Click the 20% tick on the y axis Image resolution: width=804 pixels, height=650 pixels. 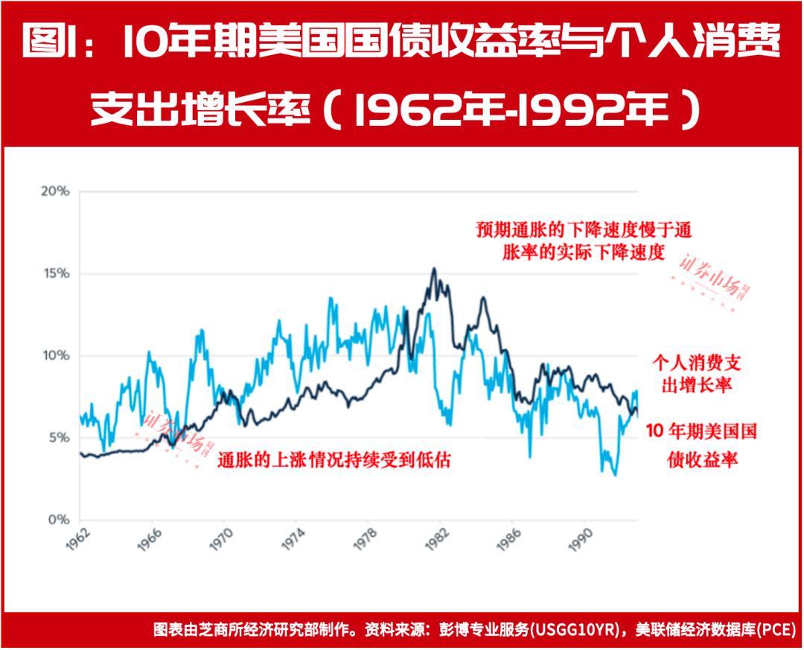54,191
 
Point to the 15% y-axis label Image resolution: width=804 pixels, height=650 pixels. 54,273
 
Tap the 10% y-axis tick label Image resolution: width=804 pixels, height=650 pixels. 54,355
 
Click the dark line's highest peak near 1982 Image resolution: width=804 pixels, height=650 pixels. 434,269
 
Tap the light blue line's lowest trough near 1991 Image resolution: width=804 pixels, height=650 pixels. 615,474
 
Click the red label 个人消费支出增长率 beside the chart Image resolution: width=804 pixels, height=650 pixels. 697,374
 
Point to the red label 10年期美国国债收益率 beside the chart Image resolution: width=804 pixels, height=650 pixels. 701,445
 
